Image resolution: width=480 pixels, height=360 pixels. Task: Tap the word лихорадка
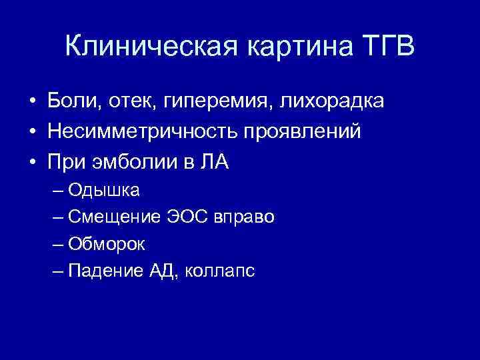331,101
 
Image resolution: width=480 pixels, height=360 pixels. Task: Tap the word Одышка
112,190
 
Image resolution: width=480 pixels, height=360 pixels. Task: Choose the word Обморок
115,244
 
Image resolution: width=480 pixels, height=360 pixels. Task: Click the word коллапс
220,271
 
